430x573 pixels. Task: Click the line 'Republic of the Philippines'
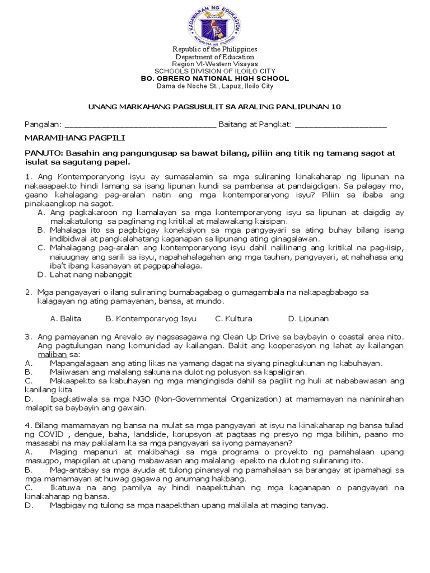pos(214,50)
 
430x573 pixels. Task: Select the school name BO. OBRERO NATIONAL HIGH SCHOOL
pos(214,79)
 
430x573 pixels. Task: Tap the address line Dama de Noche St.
pos(214,86)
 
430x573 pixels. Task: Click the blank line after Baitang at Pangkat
pos(340,124)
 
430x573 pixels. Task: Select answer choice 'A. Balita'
pos(66,318)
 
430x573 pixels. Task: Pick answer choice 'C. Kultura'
pos(233,318)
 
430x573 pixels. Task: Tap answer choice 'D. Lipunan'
pos(308,318)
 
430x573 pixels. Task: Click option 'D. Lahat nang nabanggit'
pos(84,275)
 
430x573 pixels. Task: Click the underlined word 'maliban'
pos(48,354)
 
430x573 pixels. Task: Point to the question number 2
pos(27,292)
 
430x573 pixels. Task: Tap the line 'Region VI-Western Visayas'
pos(214,64)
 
